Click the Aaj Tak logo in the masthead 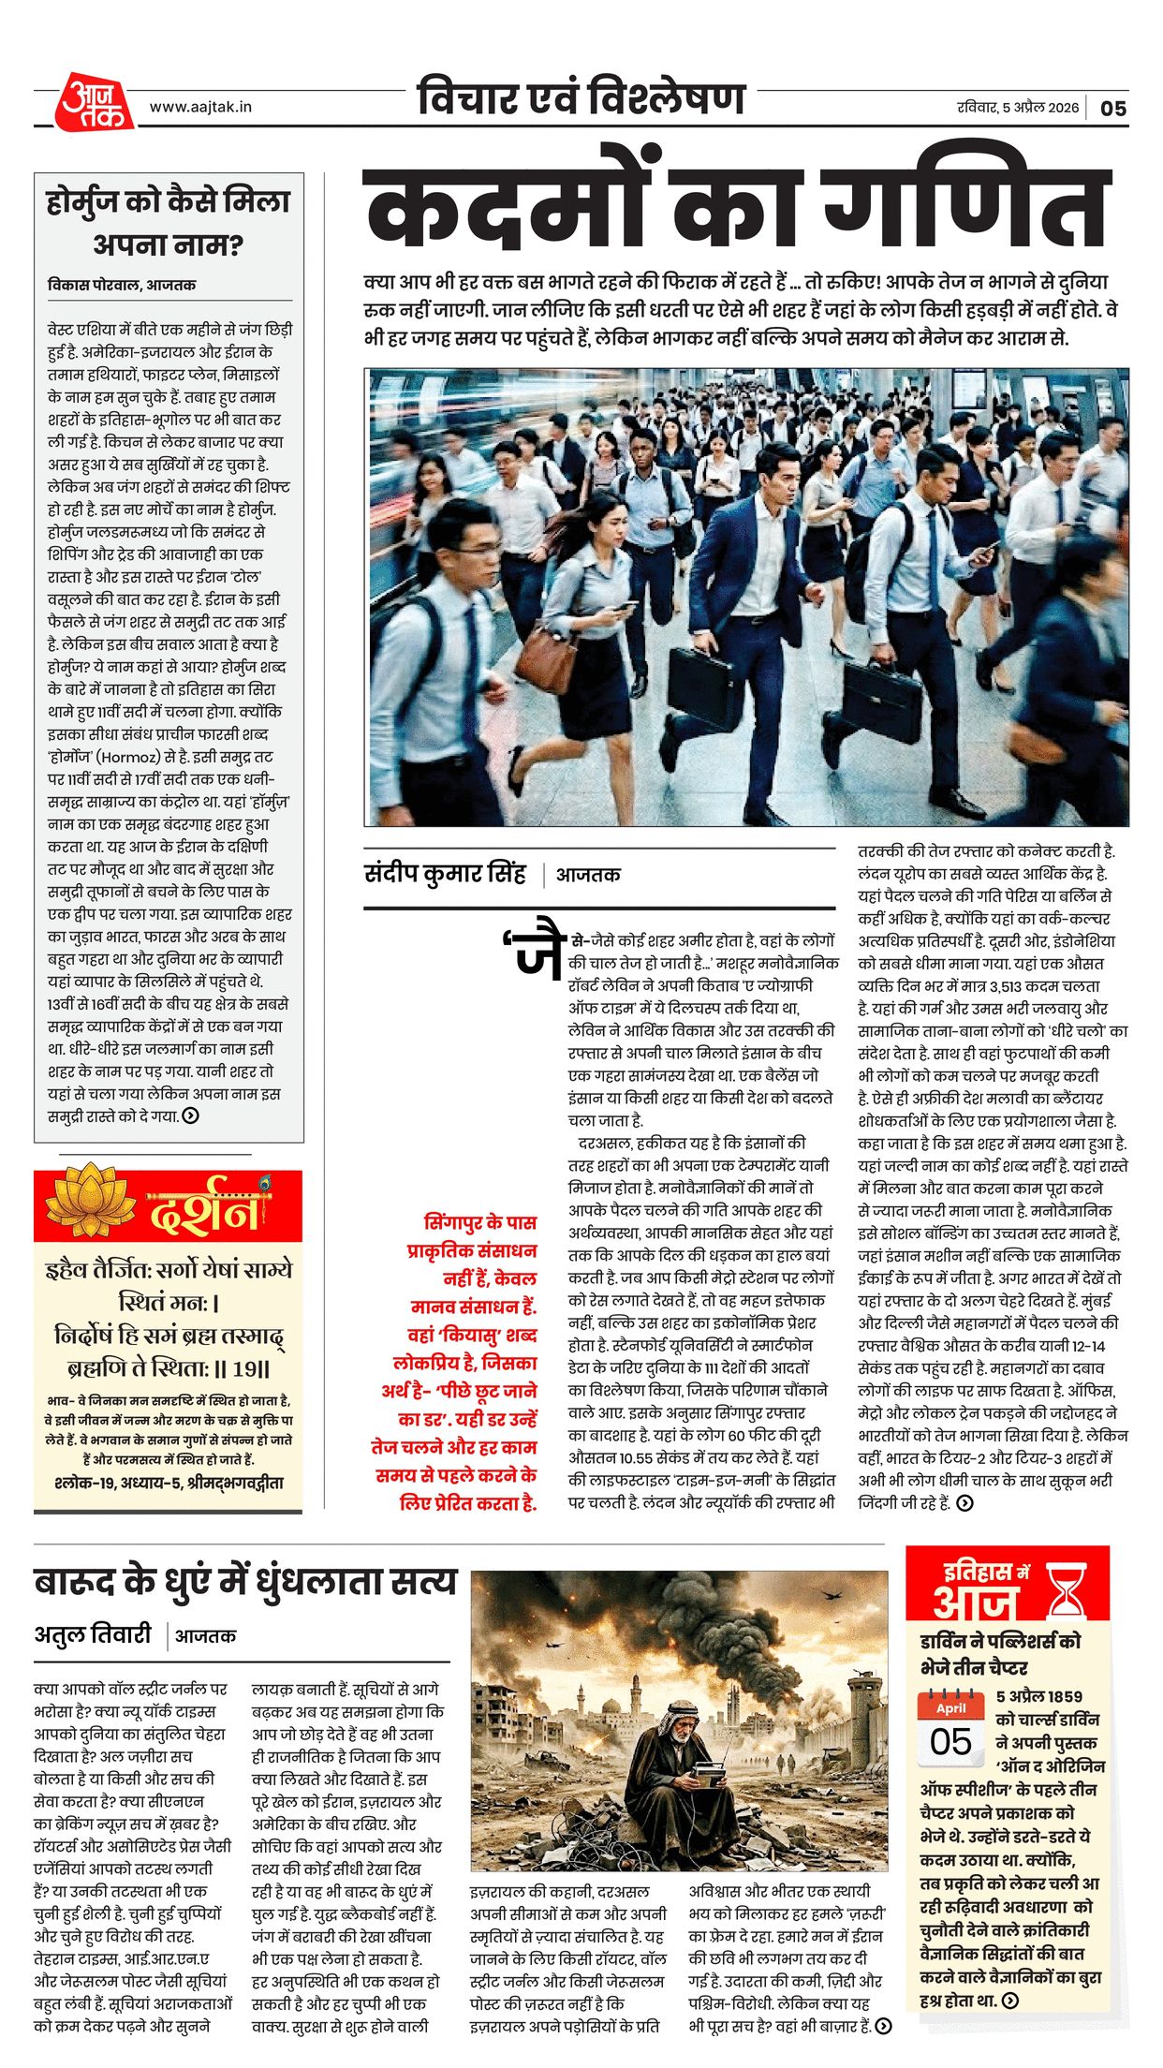click(x=95, y=101)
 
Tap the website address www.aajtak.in click(x=200, y=107)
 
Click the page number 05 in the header click(x=1112, y=108)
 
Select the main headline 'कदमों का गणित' click(x=737, y=209)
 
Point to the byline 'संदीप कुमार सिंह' click(x=445, y=874)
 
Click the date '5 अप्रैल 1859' click(x=1038, y=1696)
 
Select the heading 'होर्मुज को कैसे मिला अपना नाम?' click(x=169, y=222)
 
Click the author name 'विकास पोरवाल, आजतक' click(x=122, y=285)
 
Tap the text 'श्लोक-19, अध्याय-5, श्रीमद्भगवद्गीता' click(x=169, y=1483)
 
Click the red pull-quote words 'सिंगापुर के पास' click(x=479, y=1222)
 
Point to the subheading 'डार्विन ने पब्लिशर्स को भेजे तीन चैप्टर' click(x=999, y=1654)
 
